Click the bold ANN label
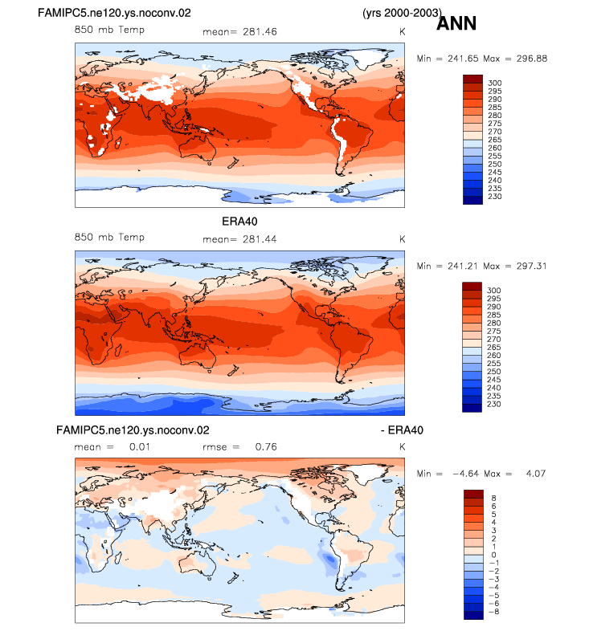click(456, 23)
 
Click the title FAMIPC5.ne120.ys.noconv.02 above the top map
click(114, 13)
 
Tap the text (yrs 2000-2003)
click(402, 13)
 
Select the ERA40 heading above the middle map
click(239, 222)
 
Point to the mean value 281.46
click(260, 32)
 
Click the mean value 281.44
click(260, 239)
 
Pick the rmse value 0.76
click(266, 446)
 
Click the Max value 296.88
click(532, 59)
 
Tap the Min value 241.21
click(463, 266)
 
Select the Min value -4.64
click(465, 474)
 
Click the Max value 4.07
click(535, 474)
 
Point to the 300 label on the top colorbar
click(495, 83)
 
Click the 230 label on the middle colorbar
click(494, 404)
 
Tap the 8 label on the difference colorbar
click(494, 499)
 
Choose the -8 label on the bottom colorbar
click(494, 612)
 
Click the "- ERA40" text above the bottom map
click(402, 430)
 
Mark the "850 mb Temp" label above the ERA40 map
click(109, 238)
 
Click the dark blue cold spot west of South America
click(330, 559)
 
